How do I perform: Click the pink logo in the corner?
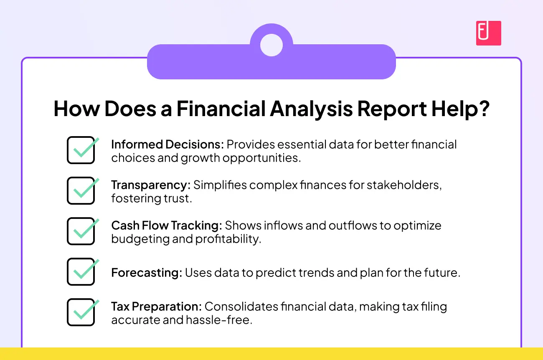tap(488, 33)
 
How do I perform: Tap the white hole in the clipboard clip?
tap(271, 45)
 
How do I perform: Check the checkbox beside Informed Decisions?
tap(81, 150)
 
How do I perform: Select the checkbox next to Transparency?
tap(81, 190)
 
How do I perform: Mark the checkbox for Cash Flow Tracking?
tap(81, 231)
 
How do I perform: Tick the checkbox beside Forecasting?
tap(81, 271)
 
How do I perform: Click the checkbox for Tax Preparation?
tap(81, 312)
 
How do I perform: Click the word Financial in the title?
tap(221, 109)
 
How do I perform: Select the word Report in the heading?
tap(392, 109)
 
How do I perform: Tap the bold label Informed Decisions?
tap(167, 144)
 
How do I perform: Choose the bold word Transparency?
tap(151, 185)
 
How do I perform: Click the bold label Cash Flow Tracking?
tap(167, 226)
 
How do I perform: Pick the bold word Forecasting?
tap(147, 273)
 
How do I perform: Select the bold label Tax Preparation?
tap(157, 307)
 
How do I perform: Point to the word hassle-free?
tap(219, 320)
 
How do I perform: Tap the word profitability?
tap(228, 239)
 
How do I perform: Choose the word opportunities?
tap(262, 158)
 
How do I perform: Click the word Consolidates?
tap(241, 307)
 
